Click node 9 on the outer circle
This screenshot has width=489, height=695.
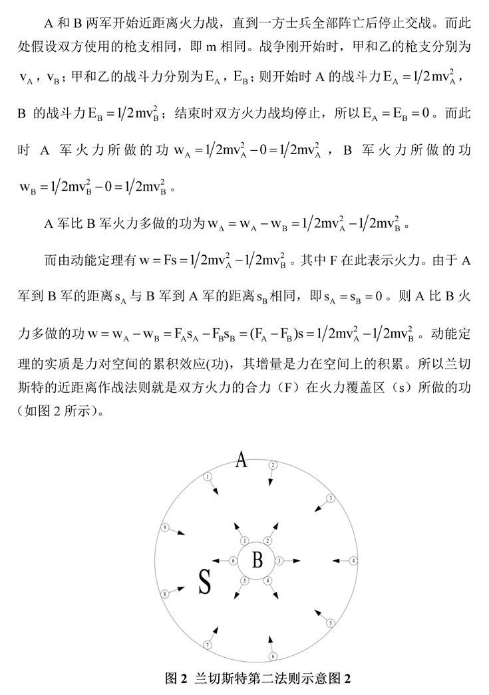pos(165,528)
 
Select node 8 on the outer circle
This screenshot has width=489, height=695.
pos(164,593)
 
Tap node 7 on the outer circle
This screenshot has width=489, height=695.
pos(208,645)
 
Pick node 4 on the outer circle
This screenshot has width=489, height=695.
pos(354,561)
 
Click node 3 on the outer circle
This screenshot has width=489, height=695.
pos(330,498)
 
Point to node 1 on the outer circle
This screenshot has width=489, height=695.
pos(208,476)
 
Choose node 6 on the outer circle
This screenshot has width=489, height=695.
pos(272,657)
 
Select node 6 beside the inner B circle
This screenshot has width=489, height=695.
pos(233,561)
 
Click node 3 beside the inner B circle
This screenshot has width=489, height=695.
pos(279,561)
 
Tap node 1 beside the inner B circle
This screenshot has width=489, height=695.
pos(244,541)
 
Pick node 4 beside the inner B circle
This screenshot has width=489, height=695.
pos(267,580)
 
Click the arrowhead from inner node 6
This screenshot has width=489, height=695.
pos(214,561)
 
